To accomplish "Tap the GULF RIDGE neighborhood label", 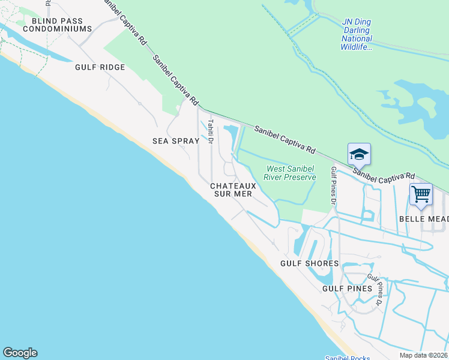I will (100, 67).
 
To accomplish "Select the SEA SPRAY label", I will (175, 142).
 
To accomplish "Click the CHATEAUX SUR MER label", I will (233, 190).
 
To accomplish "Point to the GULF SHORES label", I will (310, 263).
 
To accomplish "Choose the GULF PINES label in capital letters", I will (347, 289).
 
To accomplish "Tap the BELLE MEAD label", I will (424, 219).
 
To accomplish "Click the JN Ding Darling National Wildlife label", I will (357, 34).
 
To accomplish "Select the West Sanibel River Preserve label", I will (291, 173).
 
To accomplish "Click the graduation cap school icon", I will (359, 154).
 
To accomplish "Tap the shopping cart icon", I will (421, 194).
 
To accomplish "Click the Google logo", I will (20, 353).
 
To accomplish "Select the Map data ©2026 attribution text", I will (423, 355).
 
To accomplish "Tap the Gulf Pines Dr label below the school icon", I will (334, 186).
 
